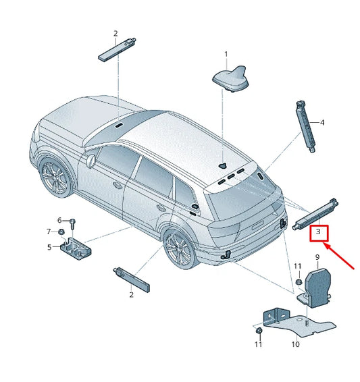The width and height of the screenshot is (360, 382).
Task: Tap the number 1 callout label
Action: point(226,54)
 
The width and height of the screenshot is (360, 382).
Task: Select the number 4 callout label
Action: point(322,123)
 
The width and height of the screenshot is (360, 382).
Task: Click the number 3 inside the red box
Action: point(317,234)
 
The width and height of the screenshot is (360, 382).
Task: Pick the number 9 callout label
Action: point(317,257)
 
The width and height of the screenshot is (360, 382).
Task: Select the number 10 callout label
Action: point(295,345)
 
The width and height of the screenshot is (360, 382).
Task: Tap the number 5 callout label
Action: point(49,247)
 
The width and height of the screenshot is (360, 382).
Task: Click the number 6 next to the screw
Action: point(59,220)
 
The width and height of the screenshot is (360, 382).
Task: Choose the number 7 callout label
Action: point(49,231)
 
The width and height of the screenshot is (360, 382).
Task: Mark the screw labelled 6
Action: point(72,223)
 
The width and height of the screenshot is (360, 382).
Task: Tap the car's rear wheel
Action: point(178,248)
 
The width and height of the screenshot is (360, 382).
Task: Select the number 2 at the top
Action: point(115,33)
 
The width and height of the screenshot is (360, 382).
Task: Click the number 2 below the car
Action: point(131,294)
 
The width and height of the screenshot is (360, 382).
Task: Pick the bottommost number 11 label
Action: point(258,345)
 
